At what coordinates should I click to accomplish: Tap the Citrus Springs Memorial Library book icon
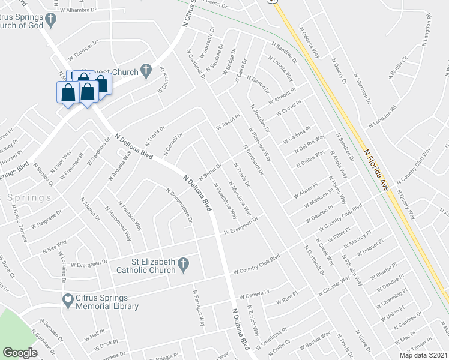68,298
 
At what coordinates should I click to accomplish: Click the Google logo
20,352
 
